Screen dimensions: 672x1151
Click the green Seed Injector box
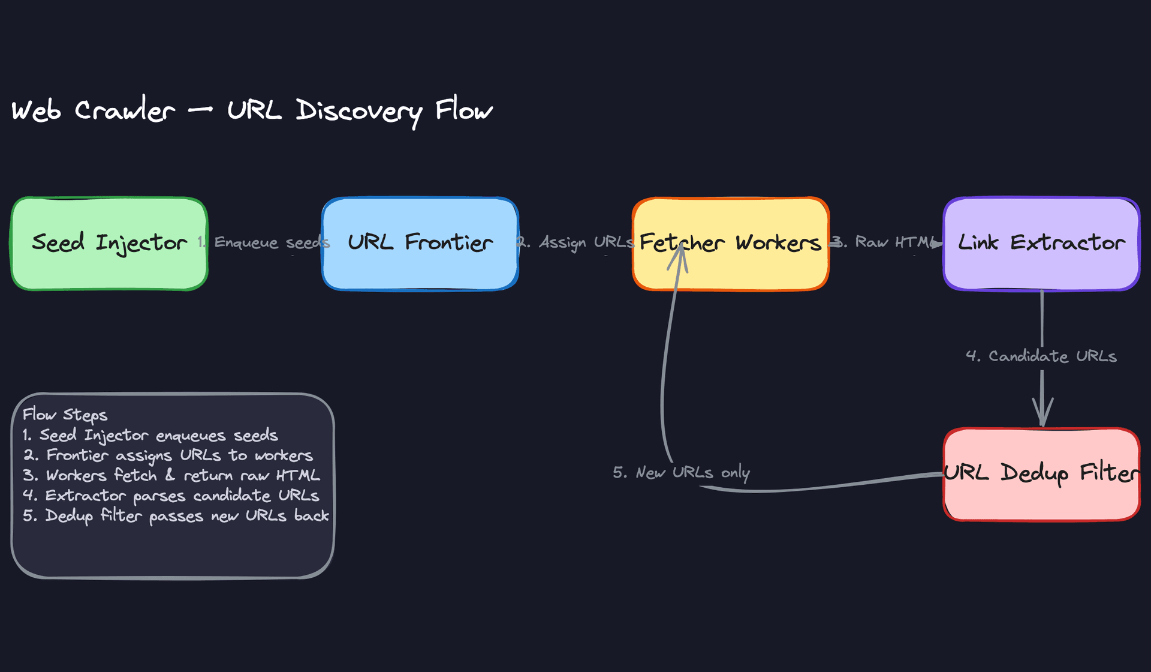click(109, 264)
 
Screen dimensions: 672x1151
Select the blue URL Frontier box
click(420, 267)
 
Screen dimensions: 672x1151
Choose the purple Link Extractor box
click(1041, 267)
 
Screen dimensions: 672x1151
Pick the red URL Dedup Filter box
click(1041, 498)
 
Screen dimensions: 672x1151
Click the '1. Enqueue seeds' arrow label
click(264, 242)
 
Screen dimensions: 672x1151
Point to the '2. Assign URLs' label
click(575, 242)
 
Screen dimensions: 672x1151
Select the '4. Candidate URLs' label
click(1041, 356)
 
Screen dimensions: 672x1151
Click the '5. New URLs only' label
click(681, 473)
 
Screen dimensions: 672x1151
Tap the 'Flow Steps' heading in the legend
click(65, 415)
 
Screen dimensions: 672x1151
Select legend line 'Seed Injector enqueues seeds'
click(150, 435)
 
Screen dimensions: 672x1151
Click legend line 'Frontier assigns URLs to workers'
click(168, 455)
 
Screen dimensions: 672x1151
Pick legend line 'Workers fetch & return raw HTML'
click(171, 475)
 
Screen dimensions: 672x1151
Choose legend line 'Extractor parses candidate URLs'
click(171, 496)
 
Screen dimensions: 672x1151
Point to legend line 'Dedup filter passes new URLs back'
click(176, 516)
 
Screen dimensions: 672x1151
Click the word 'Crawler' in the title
click(125, 111)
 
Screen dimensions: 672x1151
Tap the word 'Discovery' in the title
click(359, 111)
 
